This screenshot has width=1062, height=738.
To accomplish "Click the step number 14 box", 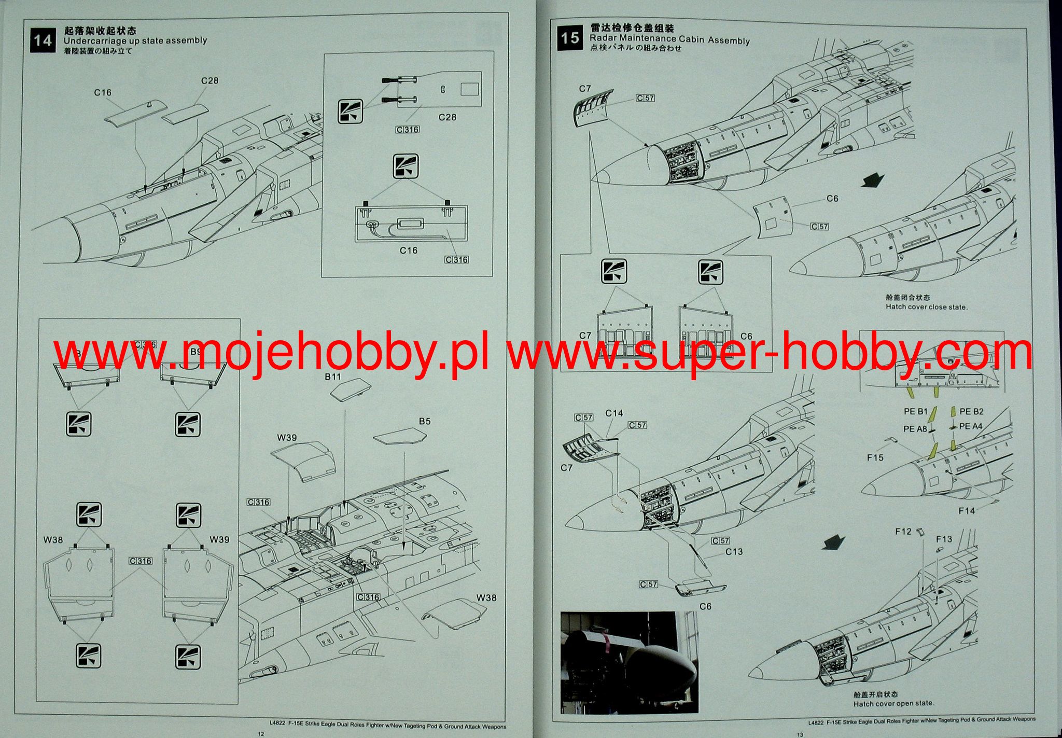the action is tap(42, 40).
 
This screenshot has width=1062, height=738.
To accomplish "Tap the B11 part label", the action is tap(333, 377).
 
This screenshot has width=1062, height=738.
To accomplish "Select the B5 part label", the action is tap(425, 421).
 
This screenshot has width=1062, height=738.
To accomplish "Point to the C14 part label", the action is tap(614, 413).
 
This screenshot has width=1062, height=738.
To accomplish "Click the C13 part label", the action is tap(734, 551).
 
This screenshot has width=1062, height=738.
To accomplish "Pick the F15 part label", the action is tap(875, 458).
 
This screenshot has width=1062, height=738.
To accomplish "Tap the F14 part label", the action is tap(967, 511).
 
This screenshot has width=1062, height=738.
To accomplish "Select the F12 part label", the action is tap(903, 532).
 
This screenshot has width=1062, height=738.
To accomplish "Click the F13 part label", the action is tap(944, 539).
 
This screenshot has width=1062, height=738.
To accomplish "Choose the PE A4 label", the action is tap(971, 426).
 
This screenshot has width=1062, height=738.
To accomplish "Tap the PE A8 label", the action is tap(915, 429).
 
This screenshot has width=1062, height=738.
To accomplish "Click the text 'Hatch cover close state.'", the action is tap(927, 307).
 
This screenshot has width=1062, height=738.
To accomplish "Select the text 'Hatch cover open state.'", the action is tap(893, 704).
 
